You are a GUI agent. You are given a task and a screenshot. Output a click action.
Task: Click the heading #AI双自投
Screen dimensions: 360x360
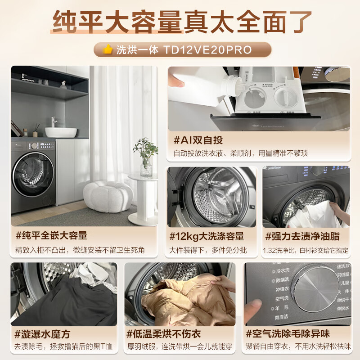pyautogui.click(x=198, y=140)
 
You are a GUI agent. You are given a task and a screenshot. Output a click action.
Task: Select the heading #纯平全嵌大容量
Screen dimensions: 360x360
pyautogui.click(x=51, y=235)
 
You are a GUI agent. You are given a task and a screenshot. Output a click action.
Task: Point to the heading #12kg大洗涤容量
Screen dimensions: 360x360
pyautogui.click(x=207, y=236)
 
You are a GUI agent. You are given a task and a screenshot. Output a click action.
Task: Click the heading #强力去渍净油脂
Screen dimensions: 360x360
pyautogui.click(x=302, y=236)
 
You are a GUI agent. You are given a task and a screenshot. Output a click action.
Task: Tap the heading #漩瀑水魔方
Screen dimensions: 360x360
pyautogui.click(x=43, y=334)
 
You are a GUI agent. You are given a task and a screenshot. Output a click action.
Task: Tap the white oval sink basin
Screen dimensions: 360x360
pyautogui.click(x=61, y=132)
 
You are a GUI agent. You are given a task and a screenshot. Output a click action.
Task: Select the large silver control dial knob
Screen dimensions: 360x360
pyautogui.click(x=317, y=288)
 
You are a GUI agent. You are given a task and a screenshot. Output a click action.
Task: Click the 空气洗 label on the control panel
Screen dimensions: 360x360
pyautogui.click(x=281, y=299)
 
